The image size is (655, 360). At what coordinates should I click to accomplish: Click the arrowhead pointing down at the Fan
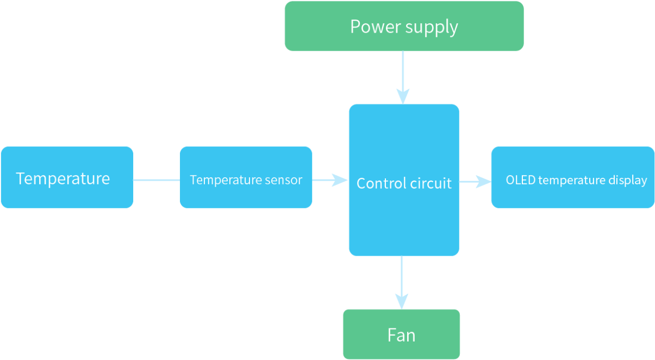(402, 301)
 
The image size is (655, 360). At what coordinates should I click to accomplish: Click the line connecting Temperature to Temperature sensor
(157, 180)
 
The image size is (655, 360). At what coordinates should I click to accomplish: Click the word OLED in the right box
(520, 180)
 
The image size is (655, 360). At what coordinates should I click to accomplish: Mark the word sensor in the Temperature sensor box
(284, 180)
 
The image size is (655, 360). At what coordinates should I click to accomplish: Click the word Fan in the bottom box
(401, 335)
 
